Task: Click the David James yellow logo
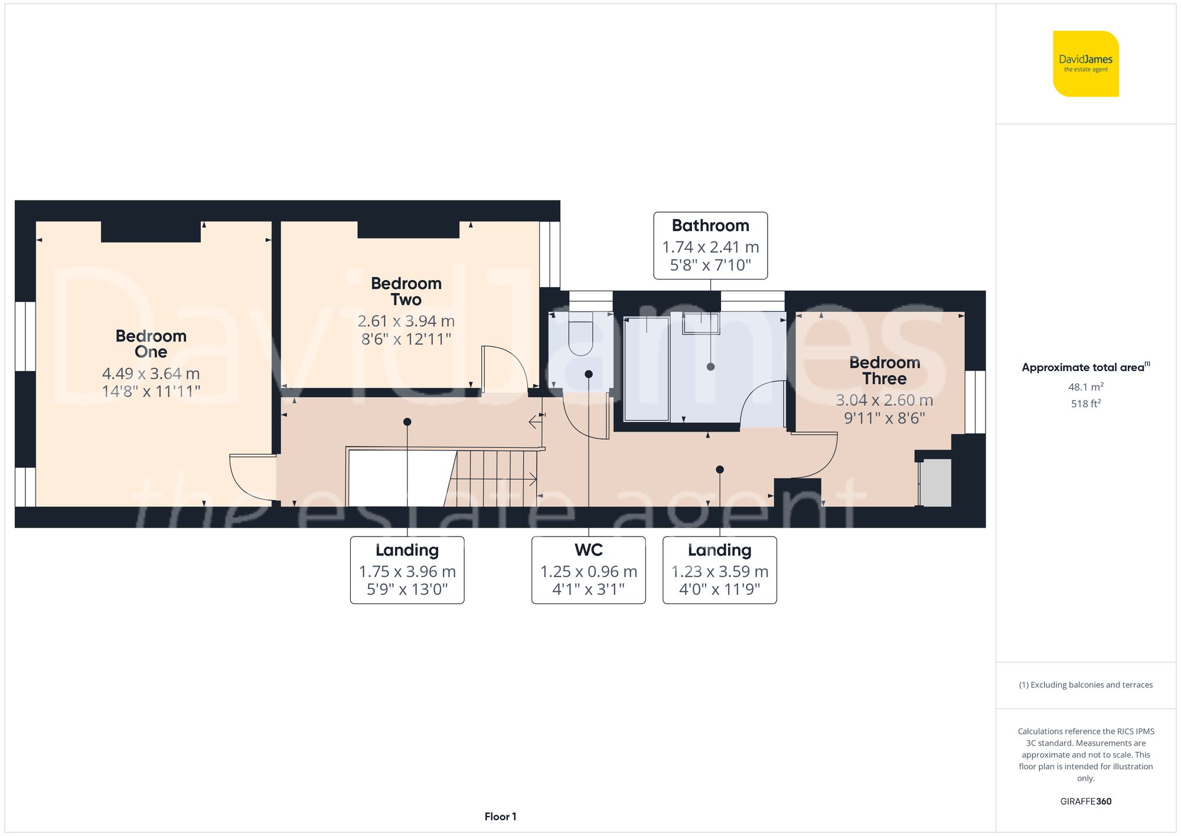[1085, 64]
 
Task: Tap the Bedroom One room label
[151, 344]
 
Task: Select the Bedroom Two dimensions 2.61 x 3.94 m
[406, 321]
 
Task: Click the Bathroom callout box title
[710, 226]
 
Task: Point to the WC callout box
[588, 570]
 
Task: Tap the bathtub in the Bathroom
[647, 369]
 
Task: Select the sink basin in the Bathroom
[702, 324]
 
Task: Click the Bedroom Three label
[884, 370]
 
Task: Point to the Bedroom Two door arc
[505, 369]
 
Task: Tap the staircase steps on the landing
[493, 479]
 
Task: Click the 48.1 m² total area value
[1085, 387]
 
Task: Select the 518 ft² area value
[1085, 404]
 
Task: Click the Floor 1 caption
[500, 817]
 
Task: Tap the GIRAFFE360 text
[1085, 802]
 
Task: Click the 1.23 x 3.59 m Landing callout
[719, 570]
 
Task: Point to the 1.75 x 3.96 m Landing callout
[407, 570]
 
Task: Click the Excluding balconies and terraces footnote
[1085, 685]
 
